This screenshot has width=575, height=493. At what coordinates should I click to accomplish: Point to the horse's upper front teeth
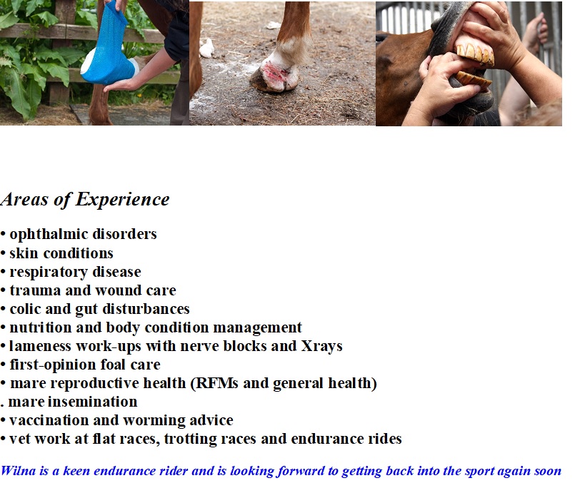click(x=475, y=54)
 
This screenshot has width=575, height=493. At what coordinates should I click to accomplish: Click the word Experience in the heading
click(x=122, y=200)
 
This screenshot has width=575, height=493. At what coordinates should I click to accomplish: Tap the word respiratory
click(x=49, y=273)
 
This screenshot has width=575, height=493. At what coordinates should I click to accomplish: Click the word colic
click(x=25, y=309)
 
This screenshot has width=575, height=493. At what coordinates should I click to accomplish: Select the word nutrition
click(x=40, y=327)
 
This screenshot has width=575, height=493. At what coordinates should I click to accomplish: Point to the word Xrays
click(x=321, y=347)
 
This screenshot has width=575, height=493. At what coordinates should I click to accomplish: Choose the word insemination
click(x=92, y=402)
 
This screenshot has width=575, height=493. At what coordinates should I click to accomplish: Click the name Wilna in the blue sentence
click(x=18, y=471)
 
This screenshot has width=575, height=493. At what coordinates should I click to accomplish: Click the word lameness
click(x=40, y=346)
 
